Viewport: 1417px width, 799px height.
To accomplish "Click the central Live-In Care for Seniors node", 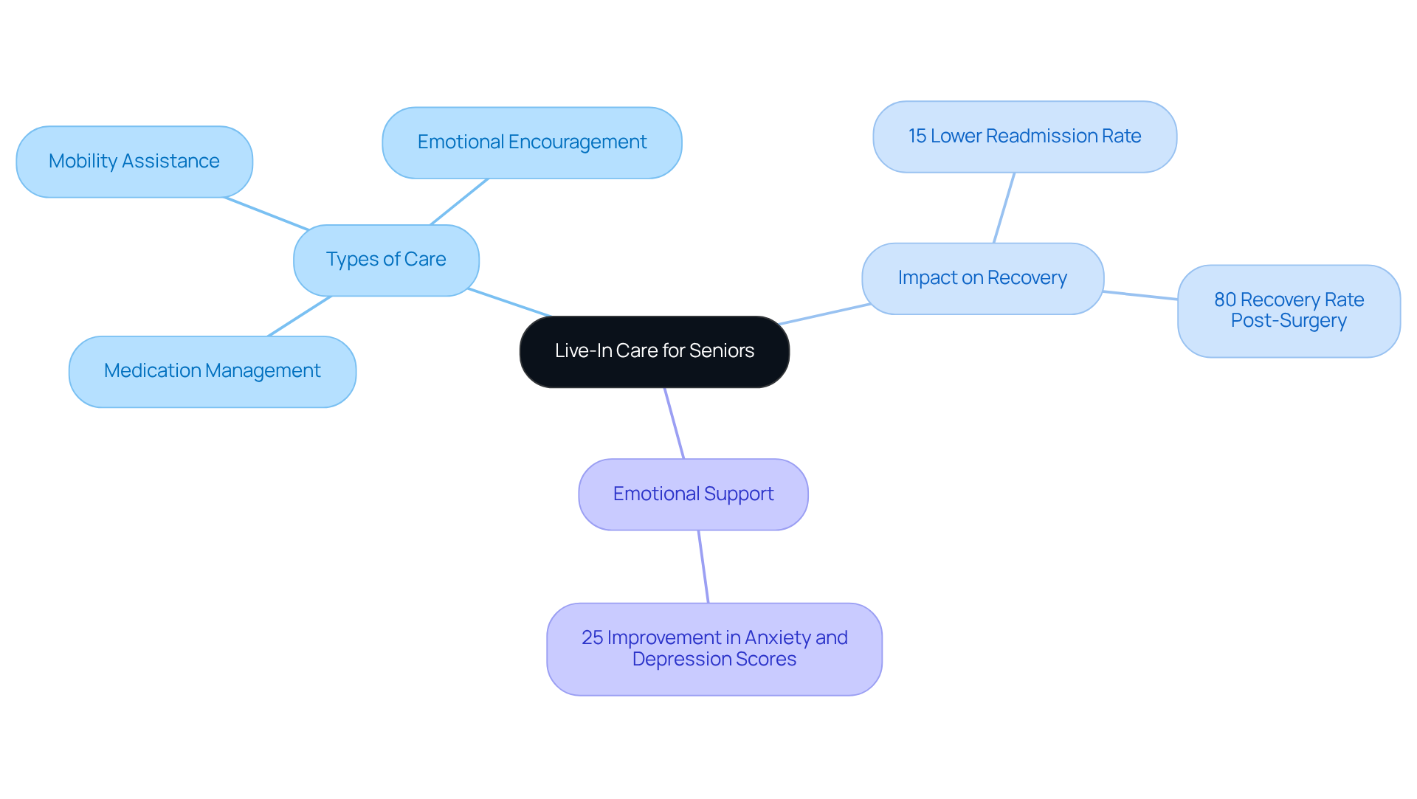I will point(654,351).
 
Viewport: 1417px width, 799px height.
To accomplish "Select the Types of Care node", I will point(386,260).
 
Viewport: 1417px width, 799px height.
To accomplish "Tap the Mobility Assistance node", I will point(134,162).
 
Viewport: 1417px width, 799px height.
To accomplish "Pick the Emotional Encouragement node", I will point(531,142).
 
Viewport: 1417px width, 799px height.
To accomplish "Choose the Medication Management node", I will point(213,371).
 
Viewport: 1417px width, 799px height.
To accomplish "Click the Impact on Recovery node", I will point(982,278).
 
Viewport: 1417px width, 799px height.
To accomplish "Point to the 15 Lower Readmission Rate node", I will point(1024,136).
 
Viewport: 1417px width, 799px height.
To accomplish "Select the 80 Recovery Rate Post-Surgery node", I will point(1289,311).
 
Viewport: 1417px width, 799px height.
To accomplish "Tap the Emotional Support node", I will point(693,494).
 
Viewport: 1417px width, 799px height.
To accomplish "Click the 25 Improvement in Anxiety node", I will point(714,648).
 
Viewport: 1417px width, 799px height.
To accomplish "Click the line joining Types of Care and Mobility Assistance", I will point(266,213).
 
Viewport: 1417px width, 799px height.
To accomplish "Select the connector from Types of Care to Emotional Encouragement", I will point(459,201).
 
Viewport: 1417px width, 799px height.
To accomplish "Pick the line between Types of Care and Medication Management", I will point(300,316).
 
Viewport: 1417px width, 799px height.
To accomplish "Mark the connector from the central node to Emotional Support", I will point(675,423).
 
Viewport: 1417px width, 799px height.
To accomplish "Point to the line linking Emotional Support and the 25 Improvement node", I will point(703,567).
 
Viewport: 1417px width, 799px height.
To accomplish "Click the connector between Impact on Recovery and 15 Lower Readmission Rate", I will point(1004,208).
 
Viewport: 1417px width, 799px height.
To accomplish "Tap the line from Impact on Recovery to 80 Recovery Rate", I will point(1140,295).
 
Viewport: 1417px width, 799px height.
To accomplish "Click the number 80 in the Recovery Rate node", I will point(1224,300).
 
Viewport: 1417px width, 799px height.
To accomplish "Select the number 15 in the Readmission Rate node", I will point(917,136).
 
